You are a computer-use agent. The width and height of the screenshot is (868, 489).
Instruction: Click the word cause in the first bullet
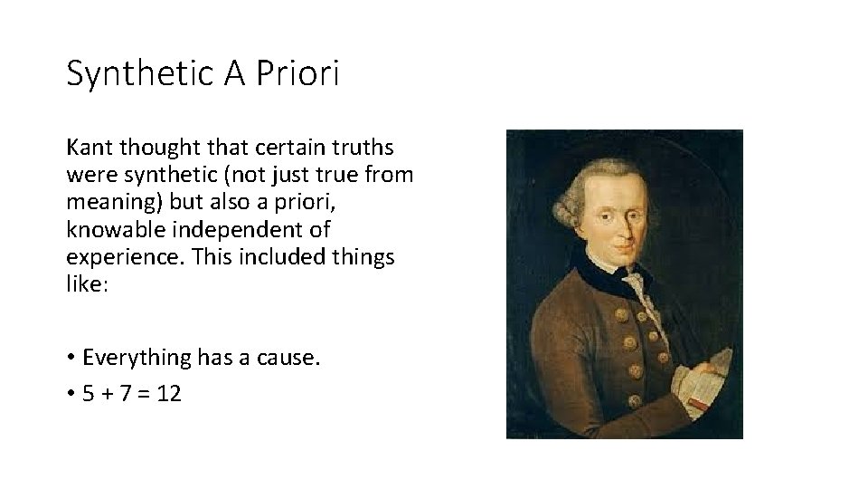pos(289,358)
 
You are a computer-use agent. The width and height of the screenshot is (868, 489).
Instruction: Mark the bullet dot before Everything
pos(71,359)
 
